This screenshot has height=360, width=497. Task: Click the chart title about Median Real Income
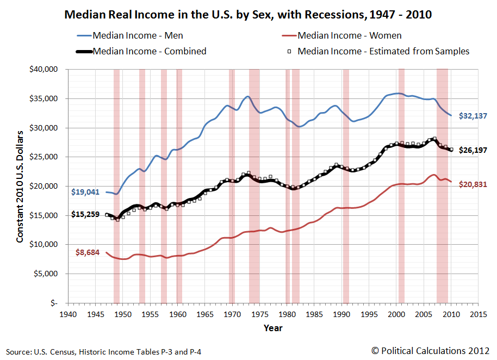click(248, 15)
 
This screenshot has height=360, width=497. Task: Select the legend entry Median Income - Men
click(138, 35)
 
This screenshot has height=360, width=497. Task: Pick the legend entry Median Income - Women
click(350, 35)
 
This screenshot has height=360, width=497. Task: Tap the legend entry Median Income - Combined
click(150, 51)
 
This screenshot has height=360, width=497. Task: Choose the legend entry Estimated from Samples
click(383, 51)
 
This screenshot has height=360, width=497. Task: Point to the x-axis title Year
click(273, 328)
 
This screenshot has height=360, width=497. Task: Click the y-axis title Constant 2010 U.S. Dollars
click(20, 186)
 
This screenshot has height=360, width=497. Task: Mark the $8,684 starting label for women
click(87, 253)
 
